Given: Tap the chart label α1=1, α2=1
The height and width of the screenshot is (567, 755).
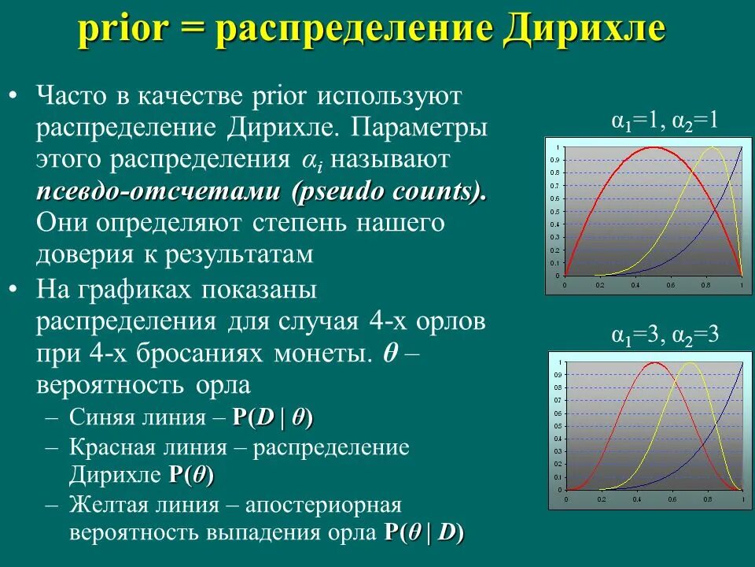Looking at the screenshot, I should pos(665,121).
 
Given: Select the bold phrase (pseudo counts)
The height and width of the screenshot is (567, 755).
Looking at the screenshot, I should pos(389,191).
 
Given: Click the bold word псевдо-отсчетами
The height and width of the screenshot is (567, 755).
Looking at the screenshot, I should pos(160,191).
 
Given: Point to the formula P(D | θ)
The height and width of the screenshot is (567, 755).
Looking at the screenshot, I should pos(272,418).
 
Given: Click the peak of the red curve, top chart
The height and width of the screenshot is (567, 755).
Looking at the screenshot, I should pos(653,147).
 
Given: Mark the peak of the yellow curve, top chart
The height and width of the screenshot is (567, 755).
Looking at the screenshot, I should pos(712,147).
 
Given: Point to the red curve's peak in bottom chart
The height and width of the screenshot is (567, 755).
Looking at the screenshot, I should pos(654,362).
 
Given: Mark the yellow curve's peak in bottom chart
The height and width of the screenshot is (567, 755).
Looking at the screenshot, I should pos(690,362).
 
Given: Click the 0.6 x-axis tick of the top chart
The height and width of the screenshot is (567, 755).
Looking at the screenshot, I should pos(671,283).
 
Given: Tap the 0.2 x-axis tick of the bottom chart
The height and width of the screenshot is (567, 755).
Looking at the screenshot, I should pos(600,499).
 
